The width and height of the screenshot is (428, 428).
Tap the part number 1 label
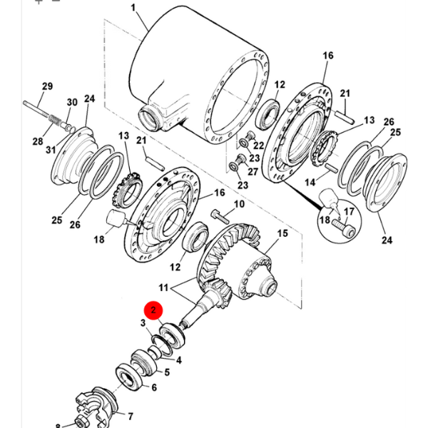(133, 8)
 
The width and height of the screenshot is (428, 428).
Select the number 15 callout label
(282, 234)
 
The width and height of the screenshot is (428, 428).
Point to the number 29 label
(47, 87)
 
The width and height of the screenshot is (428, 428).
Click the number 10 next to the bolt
(238, 205)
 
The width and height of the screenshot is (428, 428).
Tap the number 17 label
(349, 212)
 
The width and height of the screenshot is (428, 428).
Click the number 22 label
(259, 146)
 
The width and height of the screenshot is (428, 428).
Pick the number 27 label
(253, 171)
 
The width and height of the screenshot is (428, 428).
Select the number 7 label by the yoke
(131, 416)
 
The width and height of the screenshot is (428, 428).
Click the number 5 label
(167, 372)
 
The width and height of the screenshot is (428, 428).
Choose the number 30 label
(71, 102)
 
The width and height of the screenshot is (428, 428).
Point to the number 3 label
(143, 323)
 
